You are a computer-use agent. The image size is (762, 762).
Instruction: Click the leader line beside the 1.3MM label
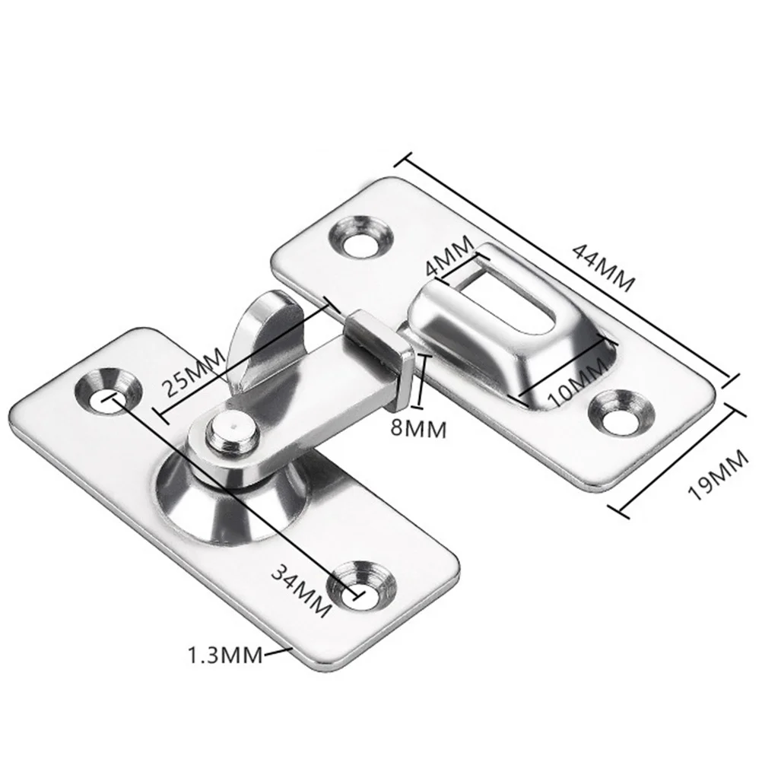[x=278, y=650]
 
